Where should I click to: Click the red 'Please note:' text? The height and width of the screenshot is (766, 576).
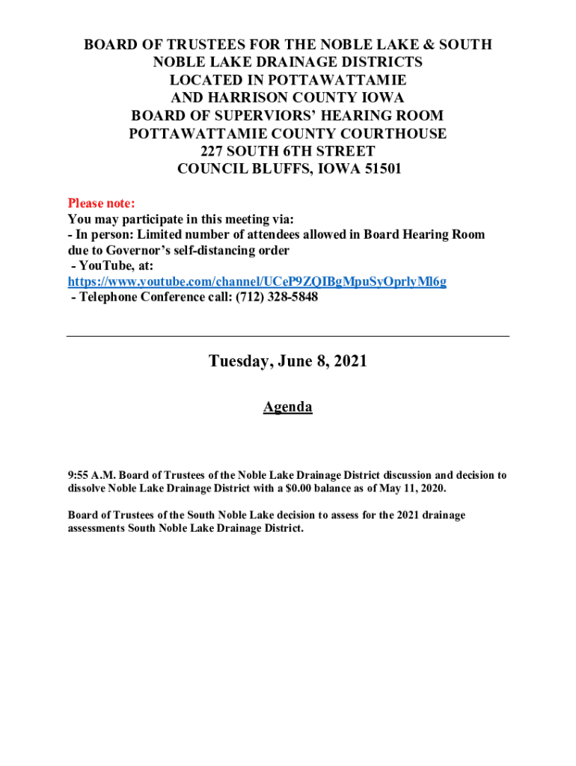pos(102,203)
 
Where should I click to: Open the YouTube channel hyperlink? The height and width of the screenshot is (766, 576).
pos(257,281)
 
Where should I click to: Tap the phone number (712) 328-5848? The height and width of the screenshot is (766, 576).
pos(277,297)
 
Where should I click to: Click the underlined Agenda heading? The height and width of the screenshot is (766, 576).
pos(287,407)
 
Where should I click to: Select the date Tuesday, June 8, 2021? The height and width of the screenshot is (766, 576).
pos(287,361)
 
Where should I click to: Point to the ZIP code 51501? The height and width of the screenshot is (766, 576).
pos(376,169)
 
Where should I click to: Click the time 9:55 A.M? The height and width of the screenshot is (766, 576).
pos(91,475)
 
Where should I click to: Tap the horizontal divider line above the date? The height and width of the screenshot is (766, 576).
pos(287,337)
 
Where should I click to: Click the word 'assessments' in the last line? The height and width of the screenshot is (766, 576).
pos(96,528)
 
